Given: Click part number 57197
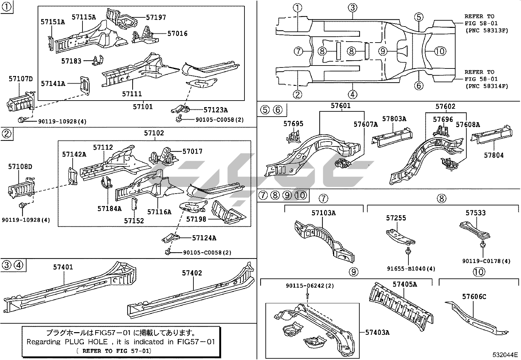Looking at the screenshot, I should [156, 17].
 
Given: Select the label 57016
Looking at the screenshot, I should [177, 33].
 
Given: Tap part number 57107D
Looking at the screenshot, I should [21, 79].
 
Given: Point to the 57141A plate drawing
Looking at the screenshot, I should [85, 85].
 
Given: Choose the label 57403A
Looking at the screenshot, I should [377, 332].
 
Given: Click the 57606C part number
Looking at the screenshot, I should [474, 297].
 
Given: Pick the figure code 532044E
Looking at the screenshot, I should [506, 355].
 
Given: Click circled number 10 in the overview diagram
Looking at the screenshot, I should [440, 51].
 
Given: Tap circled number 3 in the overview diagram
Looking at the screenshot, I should [352, 8].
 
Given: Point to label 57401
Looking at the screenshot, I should [63, 267].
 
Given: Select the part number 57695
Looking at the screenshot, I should [293, 124].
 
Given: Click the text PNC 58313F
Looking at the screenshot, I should [486, 31].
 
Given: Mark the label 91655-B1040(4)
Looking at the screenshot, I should [411, 269].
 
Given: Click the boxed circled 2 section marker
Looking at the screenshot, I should [7, 134].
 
